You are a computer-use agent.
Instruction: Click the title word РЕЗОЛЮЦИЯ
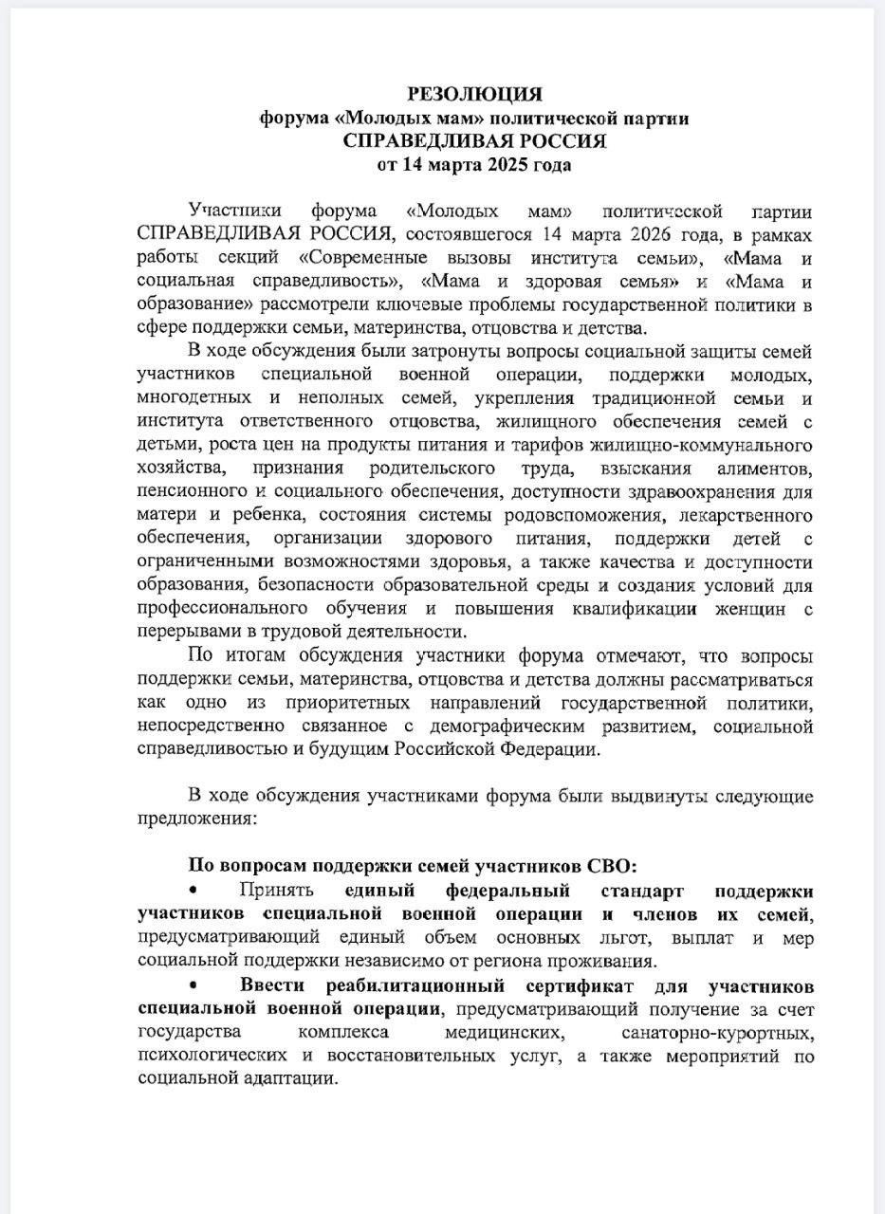coord(474,94)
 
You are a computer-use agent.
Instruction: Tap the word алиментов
coord(759,469)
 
